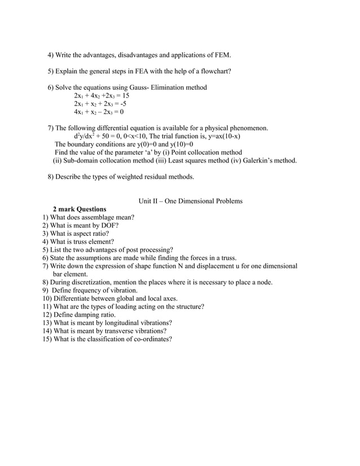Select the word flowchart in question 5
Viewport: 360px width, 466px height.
[211, 71]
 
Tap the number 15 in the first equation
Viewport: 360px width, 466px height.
[125, 96]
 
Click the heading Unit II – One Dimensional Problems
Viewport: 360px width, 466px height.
[190, 201]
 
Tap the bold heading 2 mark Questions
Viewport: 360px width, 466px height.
[79, 209]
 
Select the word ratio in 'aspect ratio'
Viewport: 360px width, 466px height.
[98, 233]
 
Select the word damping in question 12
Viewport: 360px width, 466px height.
[85, 314]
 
